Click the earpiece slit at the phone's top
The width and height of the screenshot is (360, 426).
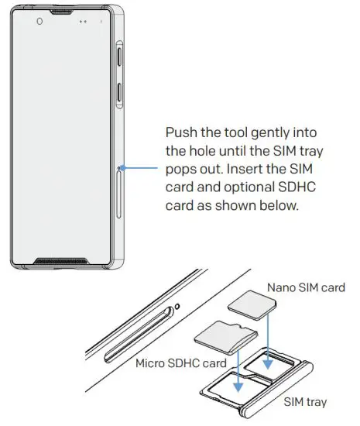point(64,12)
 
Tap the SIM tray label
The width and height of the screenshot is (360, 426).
point(306,402)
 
